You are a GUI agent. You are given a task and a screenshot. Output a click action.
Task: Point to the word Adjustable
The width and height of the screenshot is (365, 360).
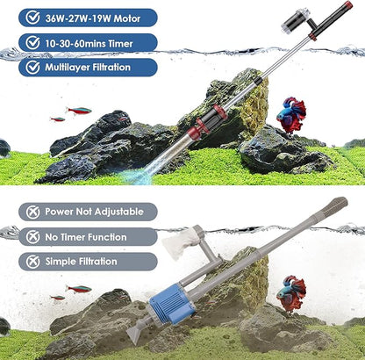coord(117,212)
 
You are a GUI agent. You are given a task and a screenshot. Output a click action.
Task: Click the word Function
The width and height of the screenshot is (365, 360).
coord(117,237)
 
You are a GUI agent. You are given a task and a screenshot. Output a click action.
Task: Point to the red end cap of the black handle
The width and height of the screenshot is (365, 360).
coord(348,8)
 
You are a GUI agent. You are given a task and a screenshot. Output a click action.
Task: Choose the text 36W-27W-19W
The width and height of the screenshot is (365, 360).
coord(79,18)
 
